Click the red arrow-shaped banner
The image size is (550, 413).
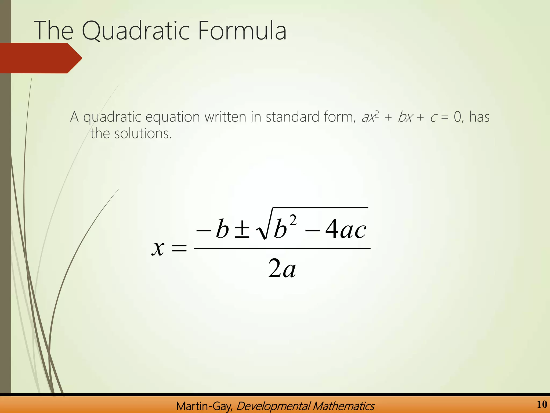click(x=40, y=58)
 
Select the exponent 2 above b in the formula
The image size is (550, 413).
click(x=293, y=221)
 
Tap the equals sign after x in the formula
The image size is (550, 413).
click(x=179, y=248)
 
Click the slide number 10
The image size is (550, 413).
click(x=542, y=404)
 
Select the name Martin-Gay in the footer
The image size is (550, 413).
click(x=204, y=406)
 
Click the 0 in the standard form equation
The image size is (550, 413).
click(x=457, y=117)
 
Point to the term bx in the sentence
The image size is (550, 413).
click(x=405, y=117)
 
